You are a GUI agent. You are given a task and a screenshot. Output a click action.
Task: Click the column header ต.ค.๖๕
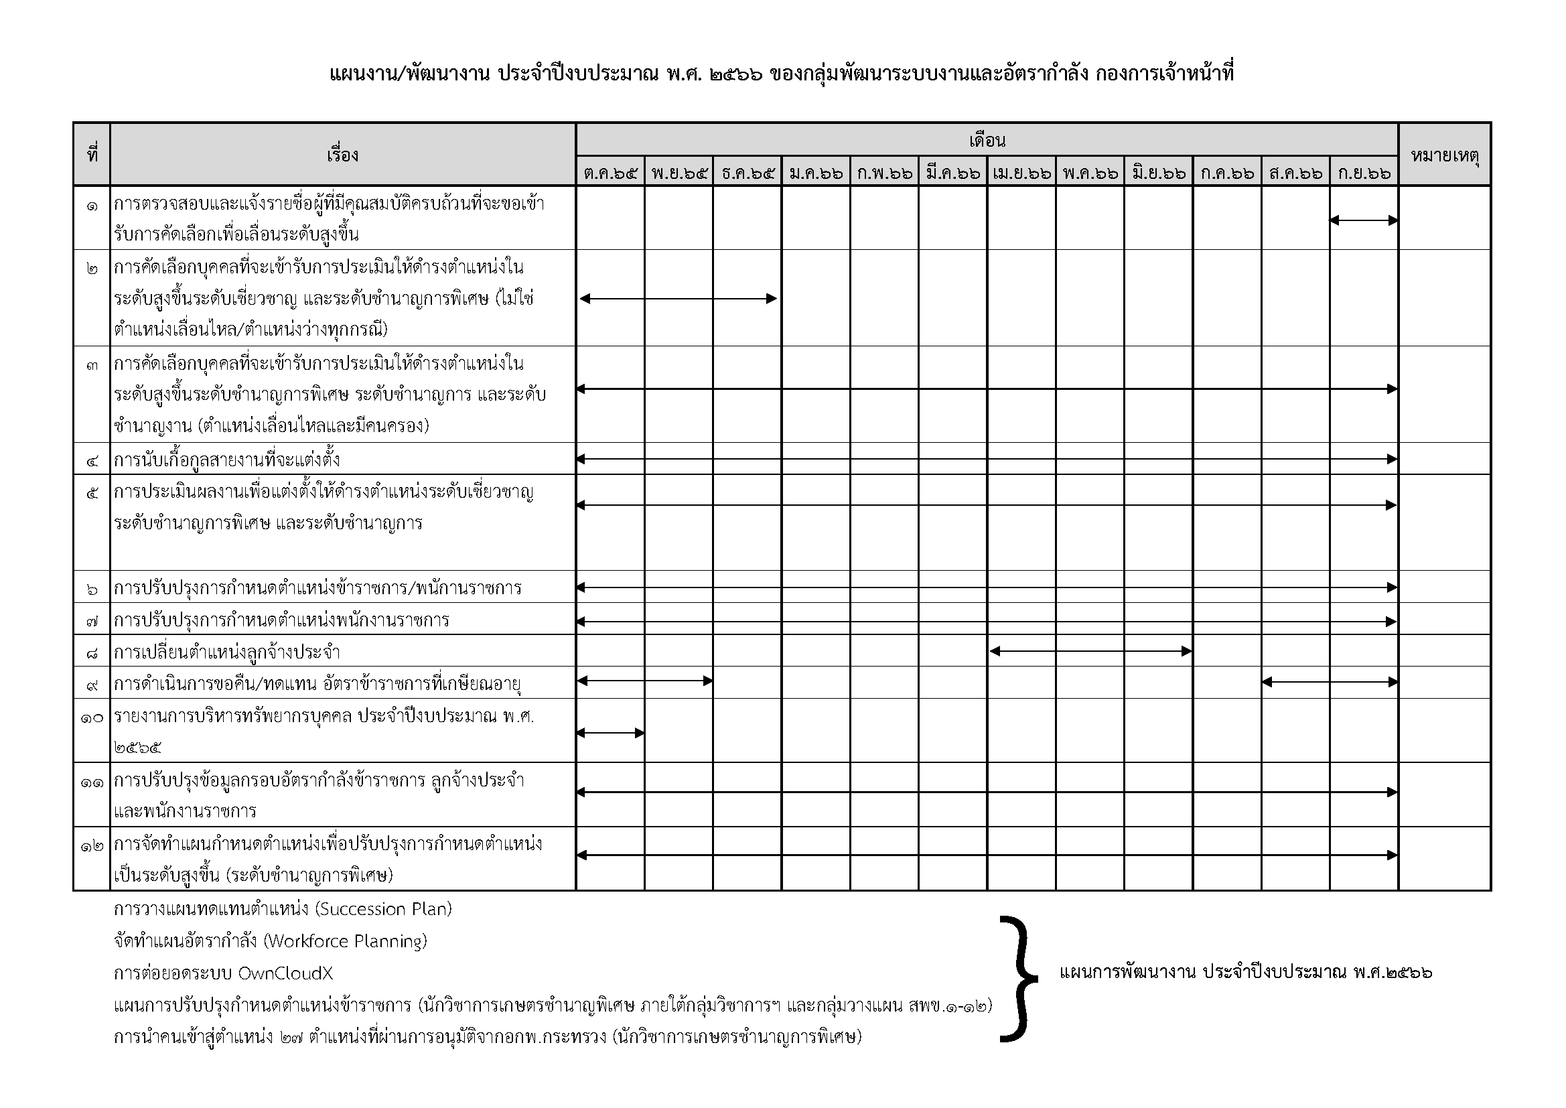(x=610, y=173)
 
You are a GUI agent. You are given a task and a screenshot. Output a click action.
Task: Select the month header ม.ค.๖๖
(x=816, y=173)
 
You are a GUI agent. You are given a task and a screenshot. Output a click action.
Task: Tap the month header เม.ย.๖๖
(x=1021, y=173)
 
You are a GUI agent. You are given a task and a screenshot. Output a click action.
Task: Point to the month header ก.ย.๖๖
(x=1364, y=173)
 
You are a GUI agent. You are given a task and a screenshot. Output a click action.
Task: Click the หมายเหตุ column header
(x=1445, y=155)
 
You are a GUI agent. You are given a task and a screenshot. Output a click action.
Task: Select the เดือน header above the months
(x=987, y=141)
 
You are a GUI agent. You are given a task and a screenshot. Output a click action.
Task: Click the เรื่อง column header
(x=342, y=155)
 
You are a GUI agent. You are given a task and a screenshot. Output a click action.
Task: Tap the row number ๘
(x=92, y=653)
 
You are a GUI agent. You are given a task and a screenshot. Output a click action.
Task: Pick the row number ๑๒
(x=92, y=845)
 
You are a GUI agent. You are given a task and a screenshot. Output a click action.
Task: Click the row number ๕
(x=92, y=492)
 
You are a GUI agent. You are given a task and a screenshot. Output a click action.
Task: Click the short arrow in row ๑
(x=1364, y=220)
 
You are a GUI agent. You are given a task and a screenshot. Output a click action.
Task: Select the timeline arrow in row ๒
(x=678, y=298)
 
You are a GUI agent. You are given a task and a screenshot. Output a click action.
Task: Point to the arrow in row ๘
(x=1090, y=652)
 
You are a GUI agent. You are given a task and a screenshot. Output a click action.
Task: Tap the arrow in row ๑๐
(x=610, y=734)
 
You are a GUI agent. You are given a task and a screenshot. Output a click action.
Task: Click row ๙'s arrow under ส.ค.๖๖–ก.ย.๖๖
(x=1330, y=681)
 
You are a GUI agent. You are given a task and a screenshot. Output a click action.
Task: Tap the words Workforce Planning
(x=345, y=941)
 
